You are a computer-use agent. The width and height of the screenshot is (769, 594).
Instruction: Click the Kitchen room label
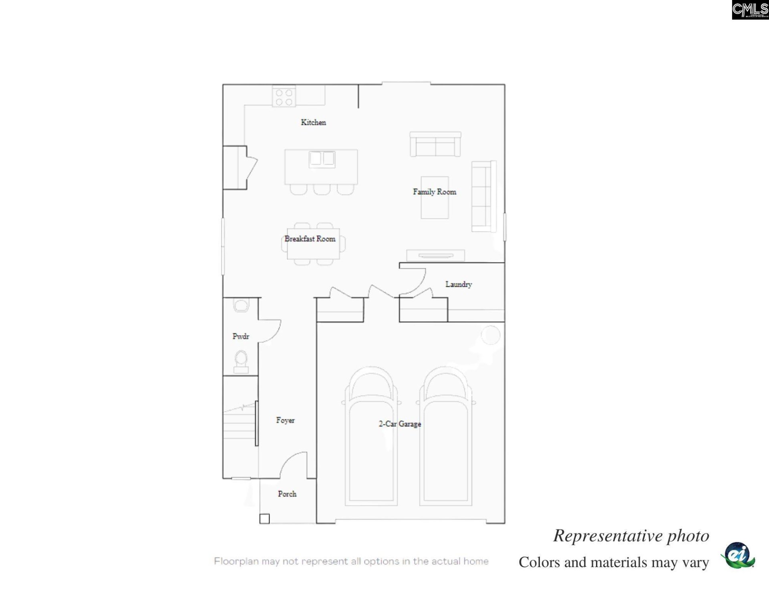point(313,123)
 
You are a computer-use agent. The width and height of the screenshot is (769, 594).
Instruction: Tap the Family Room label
point(435,192)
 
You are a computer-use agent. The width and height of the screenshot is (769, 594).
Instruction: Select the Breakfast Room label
point(310,239)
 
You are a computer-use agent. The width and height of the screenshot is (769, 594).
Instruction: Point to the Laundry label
point(459,284)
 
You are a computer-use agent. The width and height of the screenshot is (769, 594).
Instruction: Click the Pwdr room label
point(241,336)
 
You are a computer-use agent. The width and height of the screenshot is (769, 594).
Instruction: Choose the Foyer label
point(285,420)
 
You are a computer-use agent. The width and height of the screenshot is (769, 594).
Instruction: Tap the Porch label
point(287,494)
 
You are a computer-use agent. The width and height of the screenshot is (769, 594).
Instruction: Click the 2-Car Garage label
point(400,424)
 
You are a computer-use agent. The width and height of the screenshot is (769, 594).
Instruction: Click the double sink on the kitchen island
point(322,159)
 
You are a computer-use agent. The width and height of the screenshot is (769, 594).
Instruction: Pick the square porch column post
point(264,519)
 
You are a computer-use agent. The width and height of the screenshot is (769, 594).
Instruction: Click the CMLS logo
point(750,10)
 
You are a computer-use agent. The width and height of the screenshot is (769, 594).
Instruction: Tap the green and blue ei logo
point(738,555)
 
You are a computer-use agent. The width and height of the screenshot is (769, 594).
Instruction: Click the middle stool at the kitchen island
point(322,189)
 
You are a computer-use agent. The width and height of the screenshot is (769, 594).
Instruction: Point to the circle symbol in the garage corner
point(491,335)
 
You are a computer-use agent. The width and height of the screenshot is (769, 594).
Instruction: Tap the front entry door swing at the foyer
point(294,465)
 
